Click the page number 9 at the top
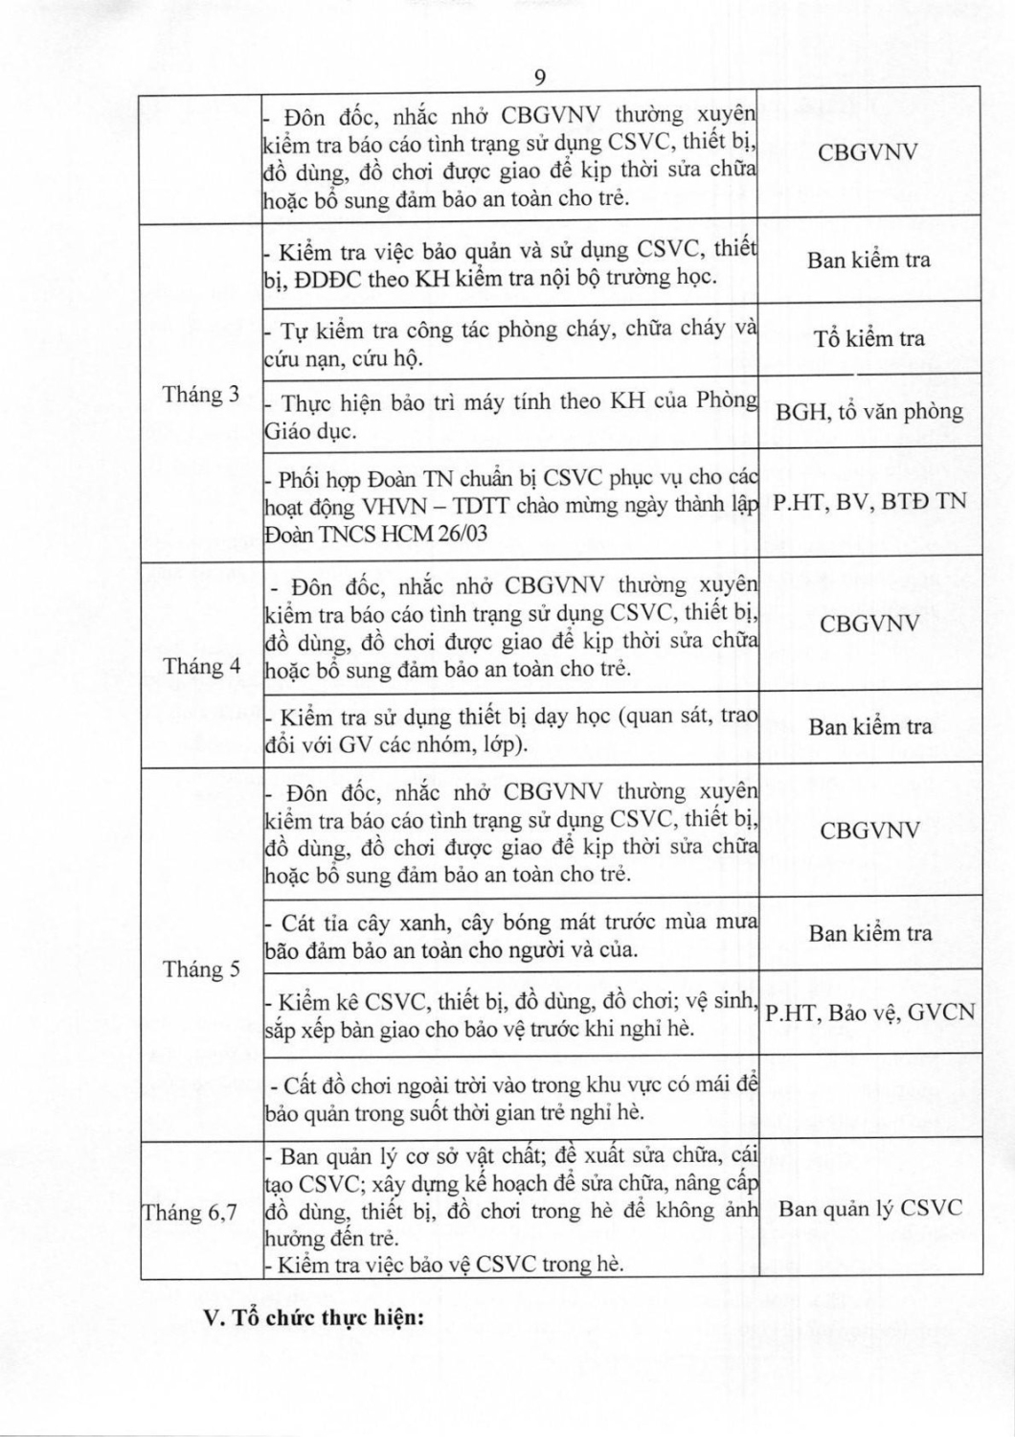pos(539,77)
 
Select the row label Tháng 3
pos(200,395)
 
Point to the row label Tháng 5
pos(201,969)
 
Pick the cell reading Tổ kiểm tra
pos(869,338)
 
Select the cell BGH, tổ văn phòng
pos(869,411)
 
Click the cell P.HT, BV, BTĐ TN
pos(869,500)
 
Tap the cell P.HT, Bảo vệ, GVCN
pos(869,1012)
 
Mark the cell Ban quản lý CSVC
pos(869,1208)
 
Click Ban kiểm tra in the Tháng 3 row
pos(868,260)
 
